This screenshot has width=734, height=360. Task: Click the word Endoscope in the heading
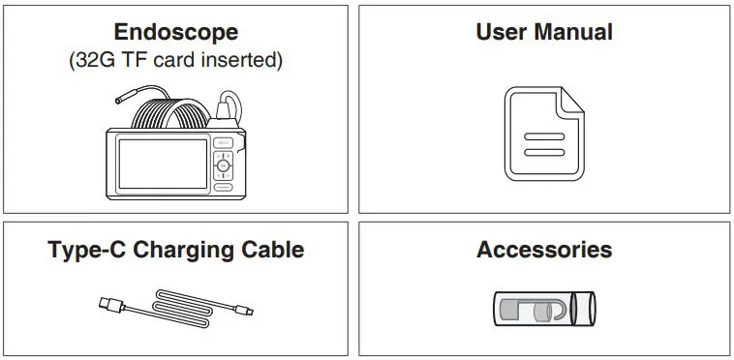(175, 33)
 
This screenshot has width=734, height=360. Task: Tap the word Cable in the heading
(269, 250)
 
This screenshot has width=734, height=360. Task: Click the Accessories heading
(544, 250)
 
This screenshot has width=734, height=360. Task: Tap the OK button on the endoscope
(224, 165)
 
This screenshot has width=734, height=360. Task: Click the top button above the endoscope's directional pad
(224, 145)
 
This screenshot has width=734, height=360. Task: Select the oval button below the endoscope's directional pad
(224, 186)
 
